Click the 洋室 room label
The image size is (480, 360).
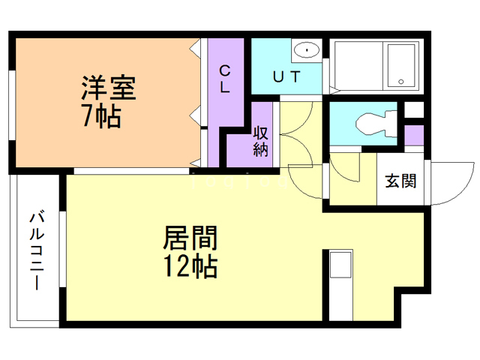tap(109, 88)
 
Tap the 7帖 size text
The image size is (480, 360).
tap(101, 117)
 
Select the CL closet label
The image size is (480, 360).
tap(224, 77)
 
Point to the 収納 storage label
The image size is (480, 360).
tap(260, 142)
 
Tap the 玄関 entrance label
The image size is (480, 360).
tap(400, 181)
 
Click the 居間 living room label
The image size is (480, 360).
tap(190, 239)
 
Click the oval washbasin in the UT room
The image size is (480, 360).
tap(306, 50)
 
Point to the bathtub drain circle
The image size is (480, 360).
tap(400, 81)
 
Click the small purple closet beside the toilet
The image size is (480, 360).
tap(415, 136)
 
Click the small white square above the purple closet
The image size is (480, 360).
tap(414, 111)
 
